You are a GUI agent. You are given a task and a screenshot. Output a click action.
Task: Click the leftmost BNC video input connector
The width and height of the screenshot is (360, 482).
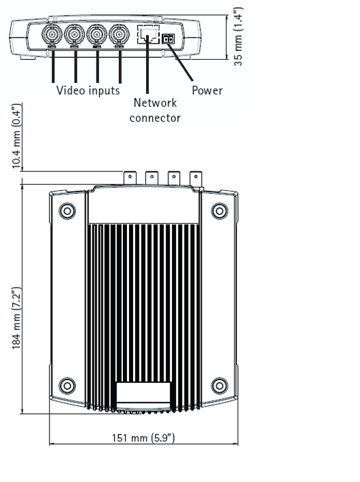(x=52, y=35)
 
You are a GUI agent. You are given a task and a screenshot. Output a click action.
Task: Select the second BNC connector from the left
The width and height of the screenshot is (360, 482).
(x=74, y=35)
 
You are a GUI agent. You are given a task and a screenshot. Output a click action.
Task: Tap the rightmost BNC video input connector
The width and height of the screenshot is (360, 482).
(x=119, y=35)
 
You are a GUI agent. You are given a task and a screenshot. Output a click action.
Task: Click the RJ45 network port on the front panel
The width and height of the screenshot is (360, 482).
(x=148, y=34)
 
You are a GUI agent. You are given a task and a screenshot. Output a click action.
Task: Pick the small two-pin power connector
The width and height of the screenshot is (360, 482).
(x=168, y=39)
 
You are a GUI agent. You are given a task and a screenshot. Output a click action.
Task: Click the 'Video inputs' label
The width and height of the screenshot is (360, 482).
(x=88, y=90)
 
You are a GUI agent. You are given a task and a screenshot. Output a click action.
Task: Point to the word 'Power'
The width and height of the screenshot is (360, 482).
(x=207, y=90)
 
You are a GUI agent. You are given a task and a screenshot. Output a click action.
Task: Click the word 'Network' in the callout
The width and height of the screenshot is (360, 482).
(x=155, y=103)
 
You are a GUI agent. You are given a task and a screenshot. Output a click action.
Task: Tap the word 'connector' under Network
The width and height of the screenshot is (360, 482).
(x=155, y=118)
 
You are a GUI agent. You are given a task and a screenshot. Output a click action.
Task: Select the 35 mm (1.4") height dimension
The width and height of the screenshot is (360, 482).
(x=238, y=36)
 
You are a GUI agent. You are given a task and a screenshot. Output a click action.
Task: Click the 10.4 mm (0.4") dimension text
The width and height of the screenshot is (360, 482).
(x=16, y=136)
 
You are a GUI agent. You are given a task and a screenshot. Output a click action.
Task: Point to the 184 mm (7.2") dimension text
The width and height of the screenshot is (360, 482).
(x=16, y=318)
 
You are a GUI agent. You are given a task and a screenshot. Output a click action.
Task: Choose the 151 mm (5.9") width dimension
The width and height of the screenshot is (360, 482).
(x=143, y=438)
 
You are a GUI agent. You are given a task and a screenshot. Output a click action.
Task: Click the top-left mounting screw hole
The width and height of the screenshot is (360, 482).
(x=67, y=211)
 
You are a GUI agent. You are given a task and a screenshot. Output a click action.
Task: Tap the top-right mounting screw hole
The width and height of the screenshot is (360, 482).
(x=219, y=211)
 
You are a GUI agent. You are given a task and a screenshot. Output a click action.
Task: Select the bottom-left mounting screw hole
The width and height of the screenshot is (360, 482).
(x=67, y=385)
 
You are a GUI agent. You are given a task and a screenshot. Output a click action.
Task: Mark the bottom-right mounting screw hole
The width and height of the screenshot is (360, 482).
(x=219, y=385)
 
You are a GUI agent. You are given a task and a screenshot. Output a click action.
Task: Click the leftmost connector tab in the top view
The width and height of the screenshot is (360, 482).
(x=130, y=178)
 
